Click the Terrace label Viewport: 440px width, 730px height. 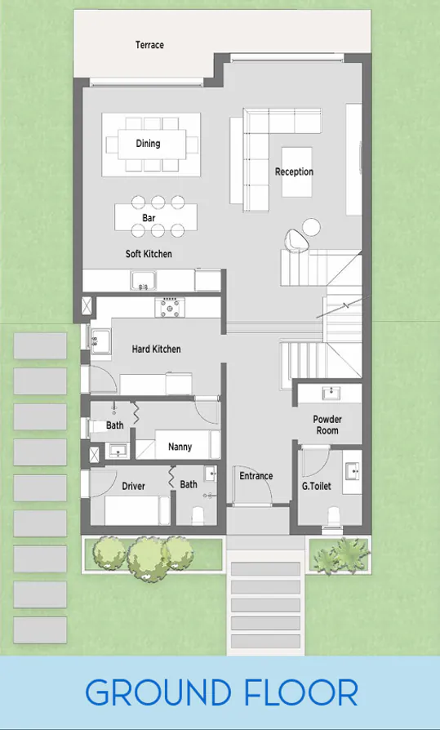click(149, 45)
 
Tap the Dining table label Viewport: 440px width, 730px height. click(148, 144)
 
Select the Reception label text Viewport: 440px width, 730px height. click(294, 171)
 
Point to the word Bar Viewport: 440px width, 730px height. click(149, 219)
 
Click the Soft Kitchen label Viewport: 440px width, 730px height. click(149, 254)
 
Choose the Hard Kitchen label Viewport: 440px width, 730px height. click(156, 349)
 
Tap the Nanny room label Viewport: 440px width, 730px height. click(180, 447)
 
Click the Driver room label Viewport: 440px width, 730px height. click(133, 486)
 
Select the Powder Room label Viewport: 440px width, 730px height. click(327, 425)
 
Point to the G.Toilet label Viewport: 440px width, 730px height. click(315, 485)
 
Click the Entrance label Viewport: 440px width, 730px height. click(256, 476)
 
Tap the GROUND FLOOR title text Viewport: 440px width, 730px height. click(221, 693)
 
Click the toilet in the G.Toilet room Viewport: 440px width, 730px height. click(334, 515)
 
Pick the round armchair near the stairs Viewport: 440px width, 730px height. click(296, 239)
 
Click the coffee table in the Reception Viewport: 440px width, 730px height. click(296, 171)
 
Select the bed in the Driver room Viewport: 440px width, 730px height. click(136, 510)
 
